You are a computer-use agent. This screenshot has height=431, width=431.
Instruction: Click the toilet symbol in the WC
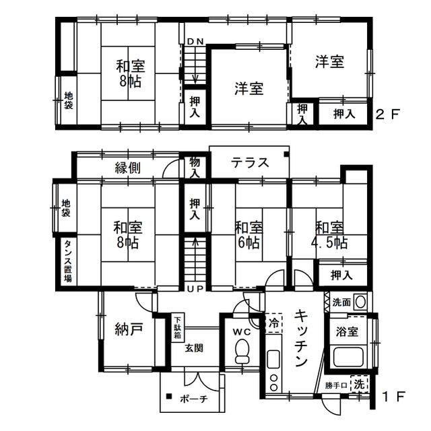pos(242,351)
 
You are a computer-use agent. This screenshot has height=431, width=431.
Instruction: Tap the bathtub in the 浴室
pos(348,357)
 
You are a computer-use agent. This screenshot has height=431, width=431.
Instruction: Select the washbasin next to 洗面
pos(360,302)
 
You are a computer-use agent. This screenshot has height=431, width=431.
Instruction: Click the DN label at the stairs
pos(195,42)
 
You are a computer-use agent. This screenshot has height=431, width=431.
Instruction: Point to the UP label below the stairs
pos(195,289)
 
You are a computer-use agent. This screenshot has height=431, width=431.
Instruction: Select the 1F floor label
pos(393,397)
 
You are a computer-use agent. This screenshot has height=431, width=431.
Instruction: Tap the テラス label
pos(250,162)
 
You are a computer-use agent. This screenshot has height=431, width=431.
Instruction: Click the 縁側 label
pos(127,168)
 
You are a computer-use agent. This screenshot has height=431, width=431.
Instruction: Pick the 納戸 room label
pos(129,329)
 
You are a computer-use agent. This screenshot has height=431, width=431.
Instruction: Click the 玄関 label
pos(194,348)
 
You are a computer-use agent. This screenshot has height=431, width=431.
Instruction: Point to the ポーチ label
pos(194,399)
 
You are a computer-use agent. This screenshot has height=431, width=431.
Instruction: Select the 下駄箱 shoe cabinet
pos(178,327)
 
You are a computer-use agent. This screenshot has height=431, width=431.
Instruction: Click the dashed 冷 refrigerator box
pos(274,323)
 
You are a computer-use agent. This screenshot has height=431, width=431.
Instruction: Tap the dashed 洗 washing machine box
pos(359,384)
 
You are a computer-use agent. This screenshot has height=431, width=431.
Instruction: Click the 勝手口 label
pos(336,386)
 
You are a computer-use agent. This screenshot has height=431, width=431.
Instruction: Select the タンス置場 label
pos(68,261)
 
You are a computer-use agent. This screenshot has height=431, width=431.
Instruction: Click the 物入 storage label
pos(195,168)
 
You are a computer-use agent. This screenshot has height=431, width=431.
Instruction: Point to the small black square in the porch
pos(169,397)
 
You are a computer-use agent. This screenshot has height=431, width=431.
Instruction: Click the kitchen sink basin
pos(273,359)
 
